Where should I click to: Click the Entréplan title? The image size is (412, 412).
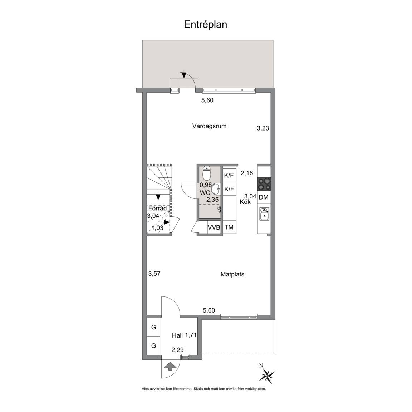coord(206,25)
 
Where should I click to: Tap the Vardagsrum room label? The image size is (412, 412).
coord(209,126)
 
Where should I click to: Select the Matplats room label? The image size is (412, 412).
coord(232,274)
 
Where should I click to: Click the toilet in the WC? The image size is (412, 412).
coord(207,172)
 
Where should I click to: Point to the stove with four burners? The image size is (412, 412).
coord(264,184)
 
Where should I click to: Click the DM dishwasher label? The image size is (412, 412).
coord(264,197)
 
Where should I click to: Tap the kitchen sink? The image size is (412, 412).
coord(264,214)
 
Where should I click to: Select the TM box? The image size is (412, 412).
coord(229,227)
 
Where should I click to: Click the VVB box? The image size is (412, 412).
coord(214,227)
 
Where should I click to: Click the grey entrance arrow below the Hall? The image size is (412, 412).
coord(170,366)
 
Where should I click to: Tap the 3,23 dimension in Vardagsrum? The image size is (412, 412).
coord(263,128)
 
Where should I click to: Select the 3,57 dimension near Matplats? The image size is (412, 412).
coord(154,274)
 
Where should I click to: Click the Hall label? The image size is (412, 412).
coord(177,335)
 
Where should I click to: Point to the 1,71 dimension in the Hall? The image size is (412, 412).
coord(191,335)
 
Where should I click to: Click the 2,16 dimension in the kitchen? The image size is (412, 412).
coord(247,173)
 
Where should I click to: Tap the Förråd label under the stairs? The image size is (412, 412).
coord(157,209)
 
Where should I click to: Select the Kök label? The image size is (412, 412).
coord(245,202)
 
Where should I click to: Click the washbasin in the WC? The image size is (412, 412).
coord(216,189)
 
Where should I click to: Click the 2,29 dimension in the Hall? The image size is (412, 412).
coord(178,350)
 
